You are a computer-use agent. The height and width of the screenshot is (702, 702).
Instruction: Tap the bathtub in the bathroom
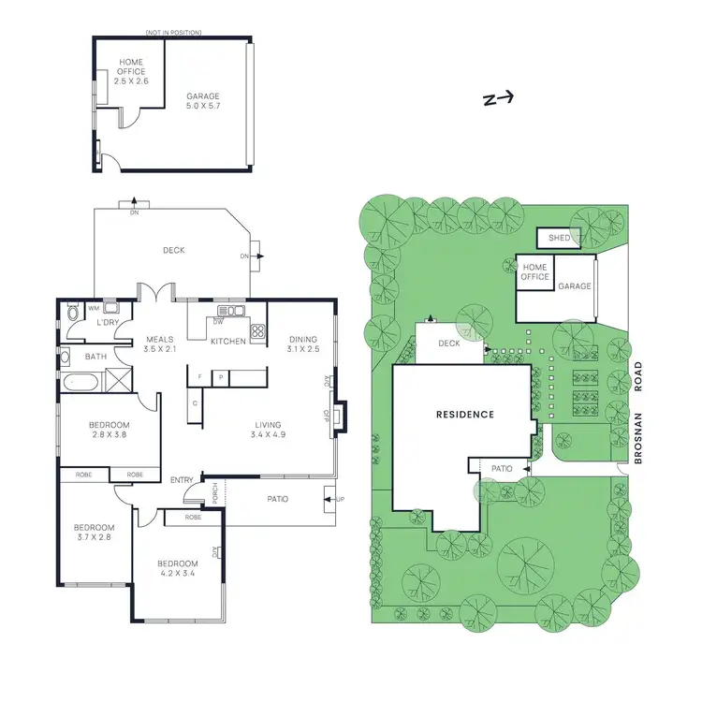[80, 380]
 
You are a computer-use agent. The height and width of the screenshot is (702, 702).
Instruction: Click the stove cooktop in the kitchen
[256, 329]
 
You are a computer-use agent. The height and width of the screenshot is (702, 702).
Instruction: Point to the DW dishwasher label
[217, 321]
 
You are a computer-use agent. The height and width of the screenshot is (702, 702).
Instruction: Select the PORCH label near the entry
[214, 493]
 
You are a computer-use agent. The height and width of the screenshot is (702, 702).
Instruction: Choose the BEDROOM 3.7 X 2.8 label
[93, 532]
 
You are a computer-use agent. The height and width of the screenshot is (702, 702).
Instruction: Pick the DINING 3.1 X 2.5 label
[302, 344]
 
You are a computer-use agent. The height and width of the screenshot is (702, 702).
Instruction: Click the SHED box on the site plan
[559, 239]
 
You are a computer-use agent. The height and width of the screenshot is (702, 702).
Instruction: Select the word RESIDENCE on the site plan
[464, 414]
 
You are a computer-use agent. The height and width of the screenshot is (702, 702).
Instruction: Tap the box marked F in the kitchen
[198, 377]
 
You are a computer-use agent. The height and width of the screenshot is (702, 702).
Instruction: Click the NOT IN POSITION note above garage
[173, 33]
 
